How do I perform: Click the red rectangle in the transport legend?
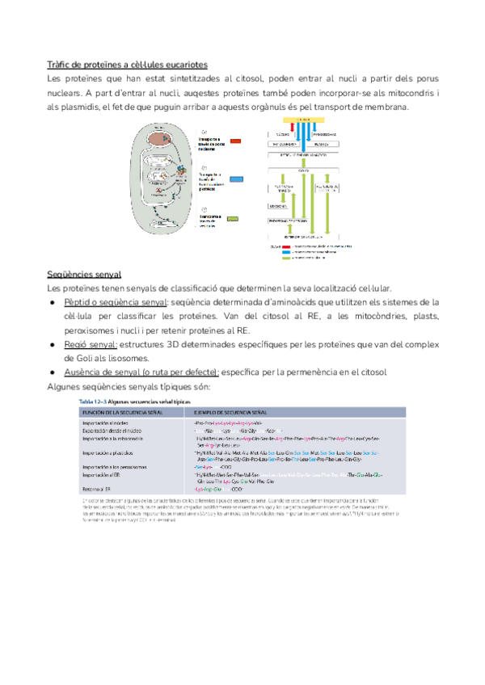coord(234,141)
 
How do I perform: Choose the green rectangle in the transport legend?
coord(234,217)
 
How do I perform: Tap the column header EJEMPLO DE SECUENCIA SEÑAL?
coord(234,412)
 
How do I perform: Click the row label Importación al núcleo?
coord(104,423)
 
